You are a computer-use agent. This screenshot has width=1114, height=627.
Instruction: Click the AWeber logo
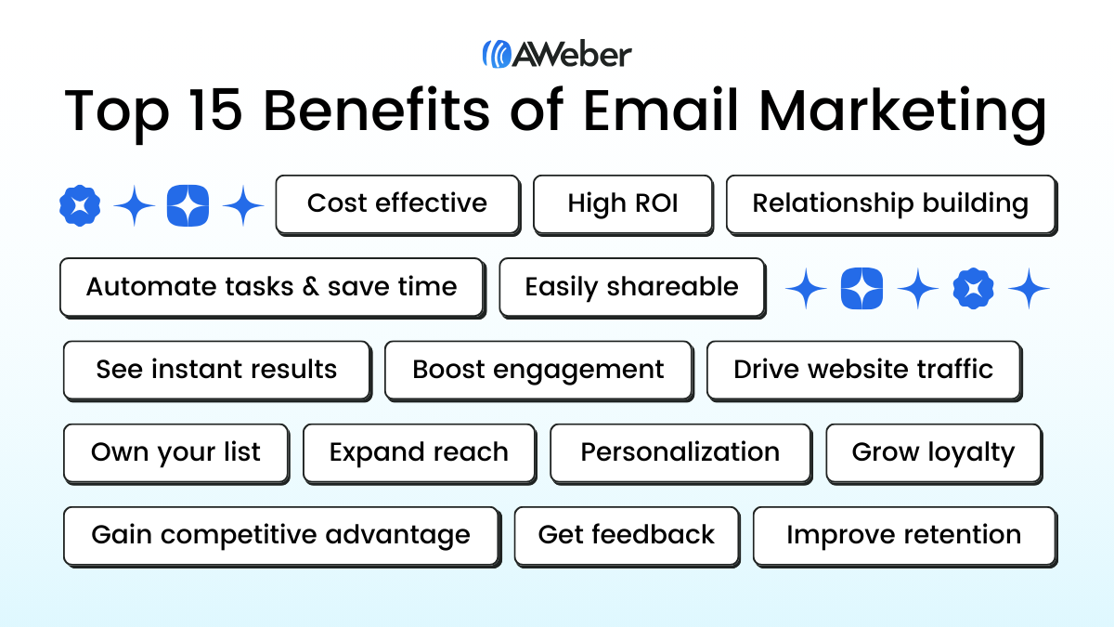pos(556,54)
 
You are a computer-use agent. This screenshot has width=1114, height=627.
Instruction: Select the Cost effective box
pos(397,203)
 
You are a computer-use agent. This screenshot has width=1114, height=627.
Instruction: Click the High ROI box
pos(623,203)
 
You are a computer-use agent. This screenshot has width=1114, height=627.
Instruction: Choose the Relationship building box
pos(890,203)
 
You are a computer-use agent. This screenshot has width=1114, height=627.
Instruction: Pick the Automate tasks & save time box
pos(271,286)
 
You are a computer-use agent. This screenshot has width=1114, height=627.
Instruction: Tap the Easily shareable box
pos(631,286)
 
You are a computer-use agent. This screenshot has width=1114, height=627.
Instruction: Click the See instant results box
pos(216,369)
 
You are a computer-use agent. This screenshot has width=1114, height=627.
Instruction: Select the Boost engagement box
pos(538,369)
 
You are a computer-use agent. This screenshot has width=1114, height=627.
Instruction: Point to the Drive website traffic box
pos(863,369)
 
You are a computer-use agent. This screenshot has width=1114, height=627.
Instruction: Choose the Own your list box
pos(175,452)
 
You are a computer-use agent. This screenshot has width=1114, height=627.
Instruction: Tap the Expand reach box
pos(419,452)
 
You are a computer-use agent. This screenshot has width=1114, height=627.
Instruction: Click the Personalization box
pos(680,452)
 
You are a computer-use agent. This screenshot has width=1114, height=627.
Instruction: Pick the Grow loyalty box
pos(933,452)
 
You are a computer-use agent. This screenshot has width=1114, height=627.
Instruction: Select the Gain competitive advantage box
pos(280,535)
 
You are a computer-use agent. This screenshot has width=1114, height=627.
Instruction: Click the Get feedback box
pos(627,535)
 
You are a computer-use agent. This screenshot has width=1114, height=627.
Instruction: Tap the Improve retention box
pos(903,535)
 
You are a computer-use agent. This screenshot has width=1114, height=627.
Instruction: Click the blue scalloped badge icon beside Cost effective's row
pos(80,205)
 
